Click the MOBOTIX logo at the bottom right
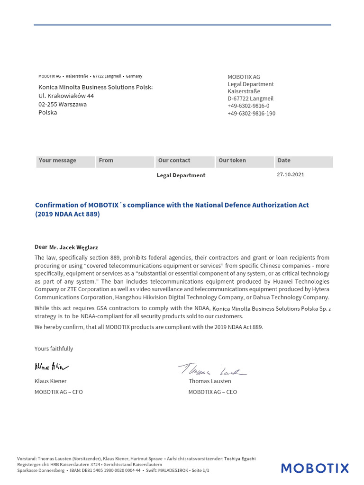click(x=315, y=468)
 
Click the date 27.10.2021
click(x=290, y=174)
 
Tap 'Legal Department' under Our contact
click(x=181, y=175)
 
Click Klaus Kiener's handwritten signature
click(x=52, y=366)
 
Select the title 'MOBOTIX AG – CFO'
click(x=58, y=392)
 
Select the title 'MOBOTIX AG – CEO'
click(x=212, y=392)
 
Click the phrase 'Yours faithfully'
click(x=54, y=349)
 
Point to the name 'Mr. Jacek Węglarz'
click(x=73, y=247)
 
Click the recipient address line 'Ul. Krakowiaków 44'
click(x=66, y=96)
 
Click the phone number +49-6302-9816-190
click(x=251, y=114)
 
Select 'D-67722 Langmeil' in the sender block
click(x=250, y=99)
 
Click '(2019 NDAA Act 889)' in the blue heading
click(x=67, y=214)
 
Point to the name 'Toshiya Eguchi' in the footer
click(x=239, y=458)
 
